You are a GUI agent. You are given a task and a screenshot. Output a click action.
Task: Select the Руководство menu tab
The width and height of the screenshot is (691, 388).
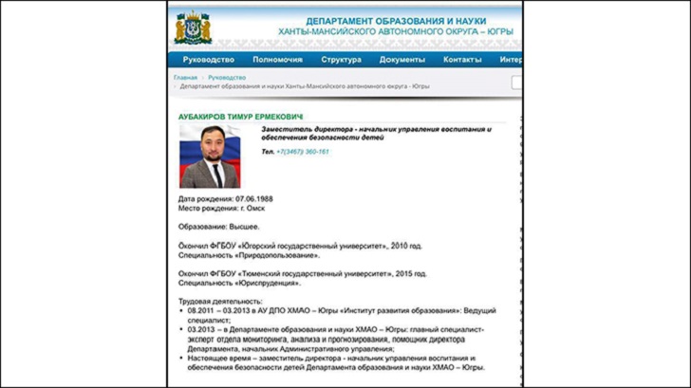pos(208,60)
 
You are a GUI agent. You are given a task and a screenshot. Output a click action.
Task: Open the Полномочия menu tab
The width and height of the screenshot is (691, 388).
pos(277,60)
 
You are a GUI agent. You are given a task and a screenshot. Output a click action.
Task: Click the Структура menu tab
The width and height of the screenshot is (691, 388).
pos(341,60)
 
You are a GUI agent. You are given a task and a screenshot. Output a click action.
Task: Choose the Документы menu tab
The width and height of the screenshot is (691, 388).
pos(402,60)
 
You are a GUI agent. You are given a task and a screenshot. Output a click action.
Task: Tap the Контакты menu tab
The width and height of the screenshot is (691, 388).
pos(462,60)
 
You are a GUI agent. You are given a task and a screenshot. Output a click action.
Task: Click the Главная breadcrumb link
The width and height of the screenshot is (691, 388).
pos(185,77)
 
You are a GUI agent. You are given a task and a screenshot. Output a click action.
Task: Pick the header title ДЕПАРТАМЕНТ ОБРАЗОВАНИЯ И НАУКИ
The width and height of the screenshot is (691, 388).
pos(409,21)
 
